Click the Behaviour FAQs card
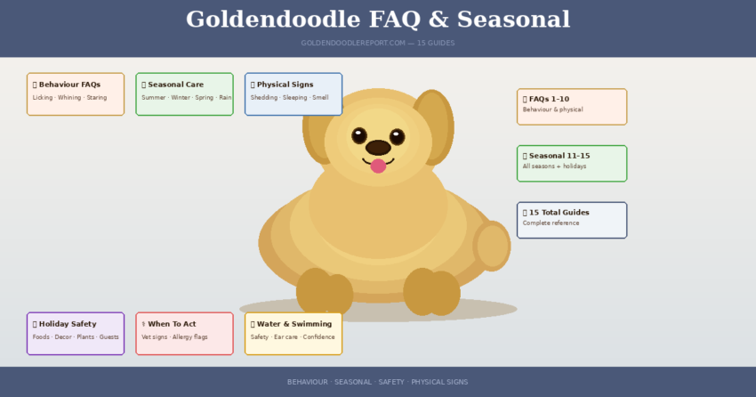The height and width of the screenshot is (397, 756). click(76, 93)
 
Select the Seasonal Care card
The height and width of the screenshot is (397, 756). click(184, 93)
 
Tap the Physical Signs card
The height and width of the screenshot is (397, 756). click(294, 93)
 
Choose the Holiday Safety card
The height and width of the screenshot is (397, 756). click(76, 333)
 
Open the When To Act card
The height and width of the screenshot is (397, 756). click(184, 333)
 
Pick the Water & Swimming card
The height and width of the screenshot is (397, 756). click(294, 333)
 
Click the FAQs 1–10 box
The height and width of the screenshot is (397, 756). click(572, 106)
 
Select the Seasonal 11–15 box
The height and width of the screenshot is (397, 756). click(572, 163)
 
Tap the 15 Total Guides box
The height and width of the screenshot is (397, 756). click(572, 220)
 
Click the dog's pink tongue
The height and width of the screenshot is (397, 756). click(378, 166)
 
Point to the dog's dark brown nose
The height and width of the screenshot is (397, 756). click(378, 147)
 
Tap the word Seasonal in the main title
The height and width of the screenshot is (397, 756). click(517, 20)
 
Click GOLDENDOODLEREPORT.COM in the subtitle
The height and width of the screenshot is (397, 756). click(353, 43)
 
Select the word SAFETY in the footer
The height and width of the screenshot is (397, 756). click(390, 382)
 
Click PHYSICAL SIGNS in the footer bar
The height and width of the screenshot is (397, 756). click(439, 382)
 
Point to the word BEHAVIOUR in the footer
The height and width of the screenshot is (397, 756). click(307, 382)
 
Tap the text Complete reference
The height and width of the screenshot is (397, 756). click(551, 223)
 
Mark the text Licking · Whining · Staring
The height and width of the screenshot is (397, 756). click(69, 98)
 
